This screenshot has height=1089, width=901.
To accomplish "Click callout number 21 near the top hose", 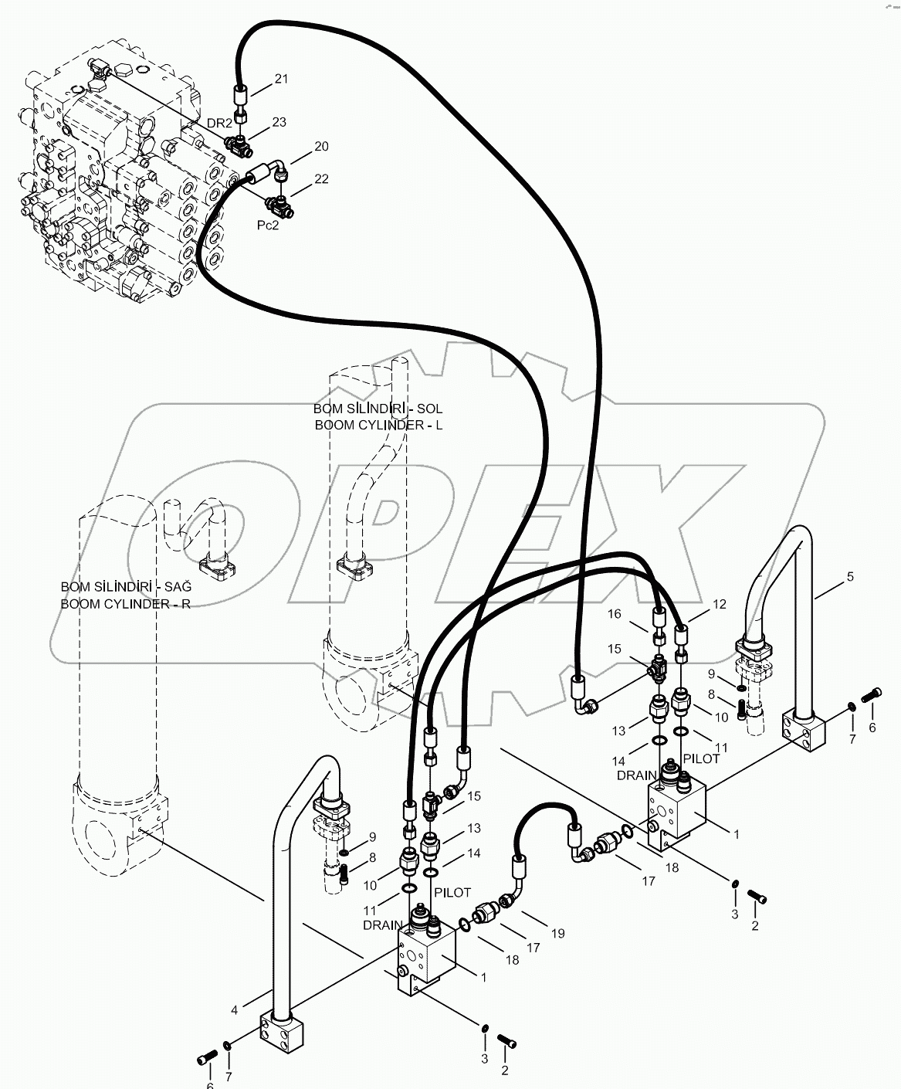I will (281, 79).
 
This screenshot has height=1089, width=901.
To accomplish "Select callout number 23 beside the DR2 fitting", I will (279, 122).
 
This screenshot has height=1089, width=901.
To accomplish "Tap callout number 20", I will (320, 147).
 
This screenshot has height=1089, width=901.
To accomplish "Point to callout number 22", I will (320, 179).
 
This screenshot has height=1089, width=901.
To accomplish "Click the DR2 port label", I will (220, 124).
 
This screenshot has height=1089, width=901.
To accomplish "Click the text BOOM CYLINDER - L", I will (378, 425).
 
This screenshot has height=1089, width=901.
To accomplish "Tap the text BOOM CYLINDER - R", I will (125, 604).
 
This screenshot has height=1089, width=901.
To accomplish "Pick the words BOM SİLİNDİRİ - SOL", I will (378, 409).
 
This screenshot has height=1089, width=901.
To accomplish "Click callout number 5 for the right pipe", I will (850, 576).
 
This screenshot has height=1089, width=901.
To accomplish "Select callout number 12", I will (719, 605).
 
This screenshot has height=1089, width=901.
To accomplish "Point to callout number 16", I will (614, 614).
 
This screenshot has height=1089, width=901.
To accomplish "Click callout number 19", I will (557, 934).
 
